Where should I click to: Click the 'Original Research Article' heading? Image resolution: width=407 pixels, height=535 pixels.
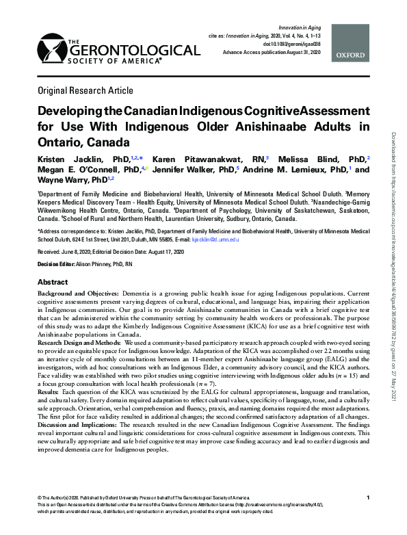[x=86, y=90]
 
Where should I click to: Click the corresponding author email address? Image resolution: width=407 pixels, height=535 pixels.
[x=215, y=240]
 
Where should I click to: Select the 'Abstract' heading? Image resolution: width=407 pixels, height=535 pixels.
[x=53, y=282]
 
